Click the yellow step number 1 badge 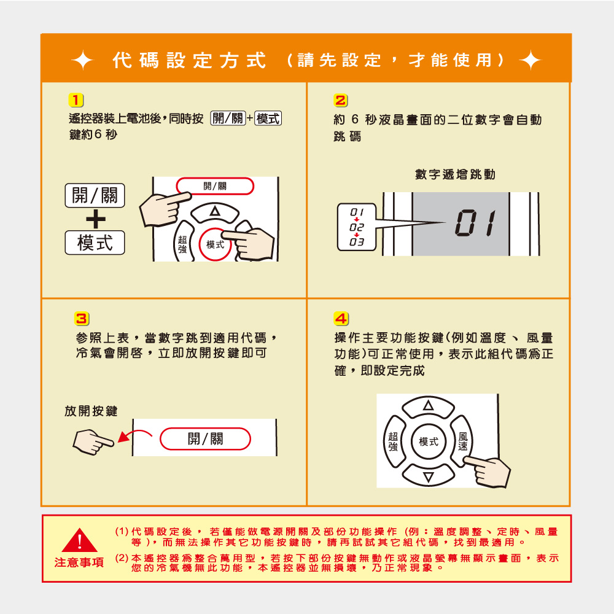[76, 100]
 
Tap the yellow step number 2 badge [341, 101]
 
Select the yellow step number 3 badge [82, 319]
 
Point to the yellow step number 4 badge [341, 319]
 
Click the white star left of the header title [83, 61]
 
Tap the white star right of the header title [530, 61]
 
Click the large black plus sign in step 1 [96, 219]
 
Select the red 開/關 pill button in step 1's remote [215, 186]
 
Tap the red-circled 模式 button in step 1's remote [215, 244]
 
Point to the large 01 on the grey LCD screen [476, 223]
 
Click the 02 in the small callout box [357, 227]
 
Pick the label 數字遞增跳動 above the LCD [455, 174]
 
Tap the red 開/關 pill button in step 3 [205, 438]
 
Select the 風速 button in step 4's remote [463, 441]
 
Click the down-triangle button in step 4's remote [429, 475]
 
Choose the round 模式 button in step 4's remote [429, 441]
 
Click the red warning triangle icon [79, 540]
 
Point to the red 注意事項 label [79, 562]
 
